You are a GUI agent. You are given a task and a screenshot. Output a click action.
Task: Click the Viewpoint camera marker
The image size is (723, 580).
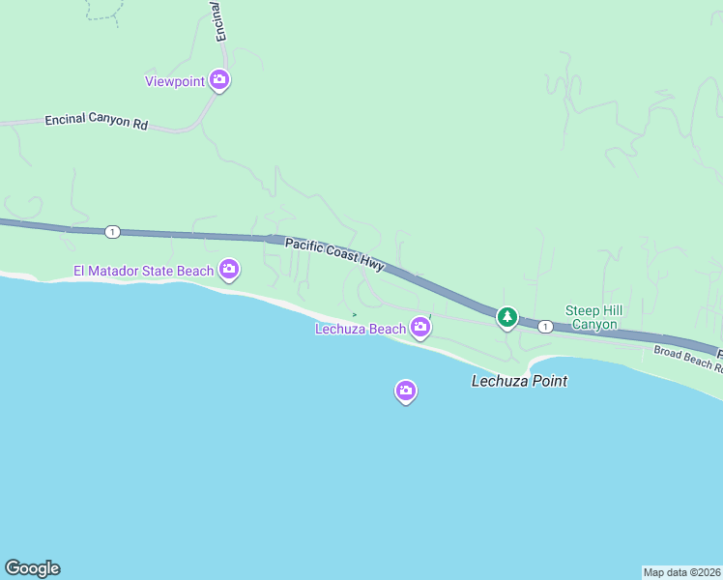click(219, 80)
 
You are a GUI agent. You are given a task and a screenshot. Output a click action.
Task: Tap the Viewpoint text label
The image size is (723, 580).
click(175, 81)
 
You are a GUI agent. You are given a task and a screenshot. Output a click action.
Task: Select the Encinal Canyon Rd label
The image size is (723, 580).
click(96, 123)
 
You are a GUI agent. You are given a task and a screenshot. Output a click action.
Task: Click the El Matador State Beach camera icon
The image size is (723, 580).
click(229, 269)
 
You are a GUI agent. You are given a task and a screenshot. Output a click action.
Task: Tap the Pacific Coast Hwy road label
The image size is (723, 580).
click(334, 253)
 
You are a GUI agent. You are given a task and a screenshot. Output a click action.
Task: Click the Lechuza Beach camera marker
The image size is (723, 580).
click(420, 328)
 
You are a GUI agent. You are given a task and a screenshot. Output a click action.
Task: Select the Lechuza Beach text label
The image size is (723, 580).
click(361, 329)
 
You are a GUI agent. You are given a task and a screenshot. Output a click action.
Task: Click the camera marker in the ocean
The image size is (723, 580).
click(406, 391)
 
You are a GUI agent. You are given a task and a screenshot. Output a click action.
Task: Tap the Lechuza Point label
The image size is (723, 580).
click(519, 381)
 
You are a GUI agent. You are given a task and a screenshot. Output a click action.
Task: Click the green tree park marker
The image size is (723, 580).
click(506, 316)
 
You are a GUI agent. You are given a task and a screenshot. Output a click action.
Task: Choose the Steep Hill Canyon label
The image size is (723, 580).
click(593, 317)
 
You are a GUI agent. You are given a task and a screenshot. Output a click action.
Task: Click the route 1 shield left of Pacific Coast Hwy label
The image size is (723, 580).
click(113, 231)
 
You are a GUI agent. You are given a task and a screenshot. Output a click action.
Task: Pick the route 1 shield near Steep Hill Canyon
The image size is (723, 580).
click(546, 327)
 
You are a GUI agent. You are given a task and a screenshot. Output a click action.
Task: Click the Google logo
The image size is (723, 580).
click(32, 568)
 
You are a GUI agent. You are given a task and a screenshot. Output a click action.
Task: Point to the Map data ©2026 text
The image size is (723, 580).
click(681, 571)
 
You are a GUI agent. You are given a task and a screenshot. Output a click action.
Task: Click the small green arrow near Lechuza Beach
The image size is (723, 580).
click(355, 314)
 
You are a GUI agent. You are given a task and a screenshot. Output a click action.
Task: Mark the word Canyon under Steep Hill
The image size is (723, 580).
click(593, 324)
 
